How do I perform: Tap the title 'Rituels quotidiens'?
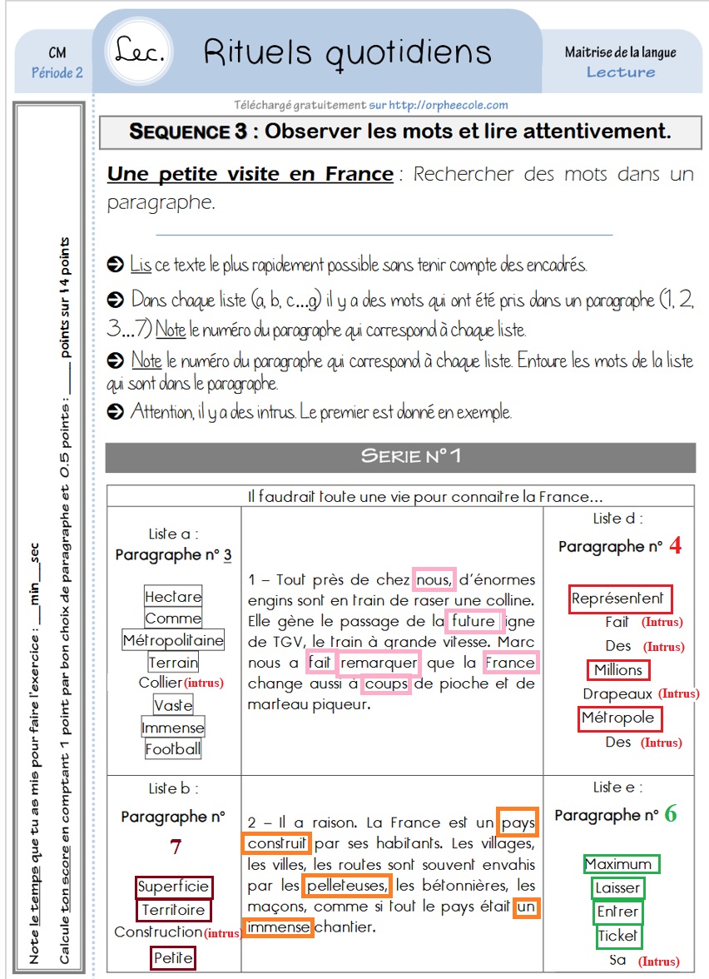[x=347, y=52]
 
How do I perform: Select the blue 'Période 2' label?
[x=57, y=72]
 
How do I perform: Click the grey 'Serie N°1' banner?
[x=399, y=456]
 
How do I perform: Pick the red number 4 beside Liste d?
[x=675, y=546]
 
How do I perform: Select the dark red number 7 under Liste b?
[x=175, y=847]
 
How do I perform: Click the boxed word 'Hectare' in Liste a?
[x=173, y=597]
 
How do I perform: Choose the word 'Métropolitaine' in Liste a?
[x=173, y=640]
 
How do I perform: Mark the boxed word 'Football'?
[x=173, y=748]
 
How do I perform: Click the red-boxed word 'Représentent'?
[x=619, y=599]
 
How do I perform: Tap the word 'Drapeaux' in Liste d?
[x=617, y=693]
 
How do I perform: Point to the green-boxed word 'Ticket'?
[x=617, y=936]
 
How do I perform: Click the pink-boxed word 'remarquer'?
[x=379, y=663]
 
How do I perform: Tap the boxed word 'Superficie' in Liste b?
[x=174, y=887]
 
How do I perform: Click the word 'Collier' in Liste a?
[x=160, y=683]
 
